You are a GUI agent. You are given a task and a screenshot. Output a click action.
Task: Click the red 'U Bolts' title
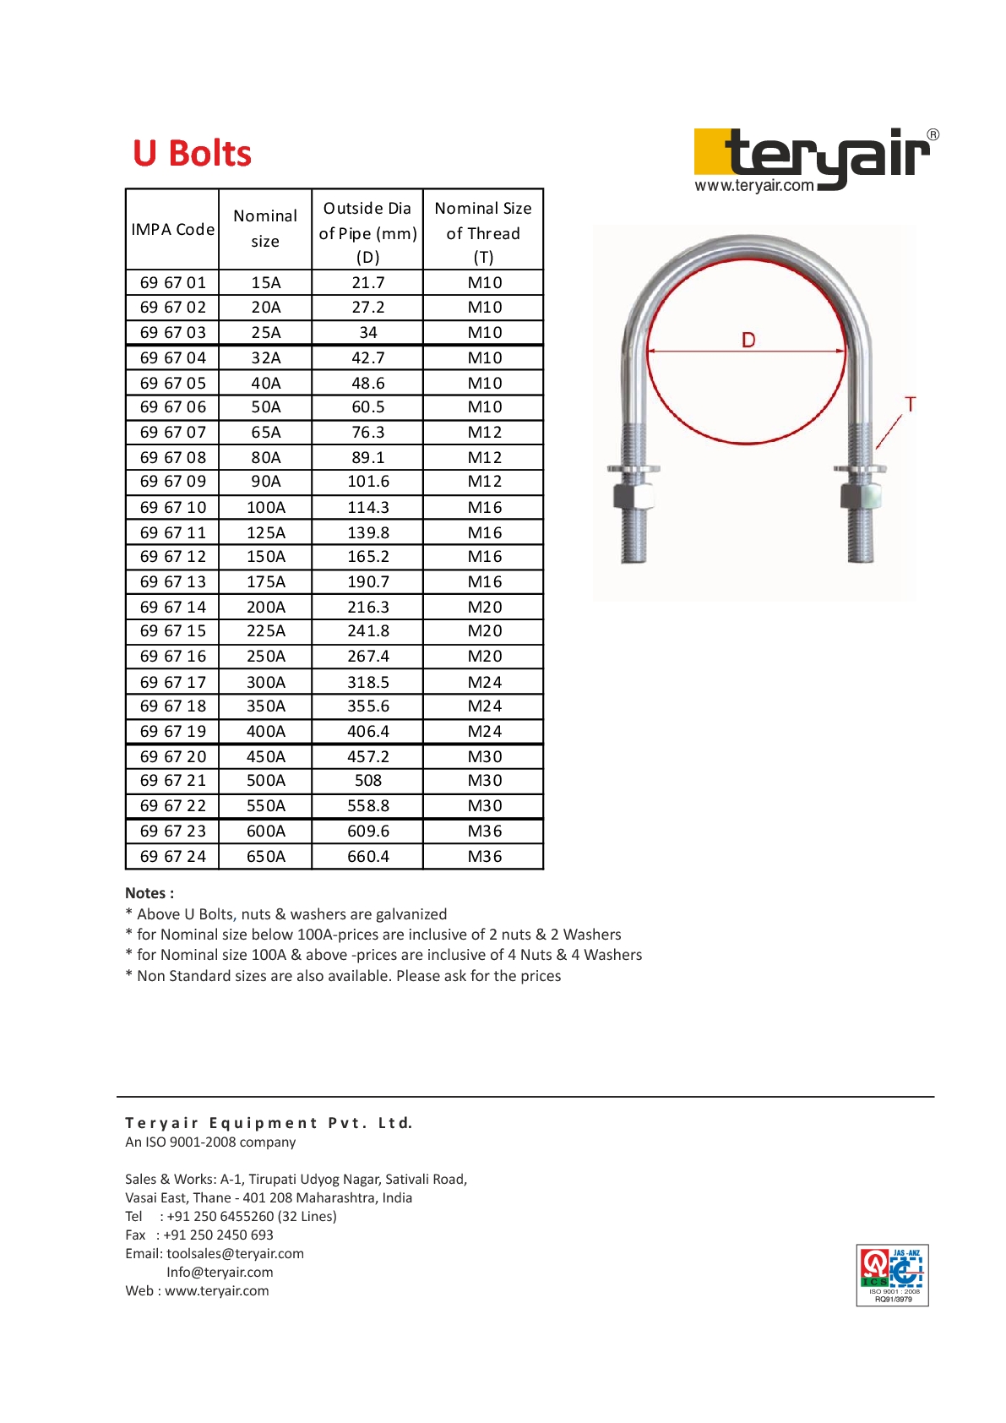tap(192, 154)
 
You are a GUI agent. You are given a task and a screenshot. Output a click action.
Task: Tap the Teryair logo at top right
tap(815, 160)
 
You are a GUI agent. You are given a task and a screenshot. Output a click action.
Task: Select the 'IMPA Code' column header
tap(172, 230)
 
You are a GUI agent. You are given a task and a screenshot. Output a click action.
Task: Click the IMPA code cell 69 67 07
tap(172, 433)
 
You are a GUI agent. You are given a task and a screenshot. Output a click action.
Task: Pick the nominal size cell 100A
tap(265, 508)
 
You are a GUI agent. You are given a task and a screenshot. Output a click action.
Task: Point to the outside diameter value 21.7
tap(367, 283)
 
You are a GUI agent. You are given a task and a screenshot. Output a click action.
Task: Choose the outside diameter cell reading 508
tap(367, 781)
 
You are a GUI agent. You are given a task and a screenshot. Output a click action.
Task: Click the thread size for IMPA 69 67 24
tap(484, 857)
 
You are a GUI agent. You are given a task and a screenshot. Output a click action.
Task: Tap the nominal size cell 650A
tap(265, 857)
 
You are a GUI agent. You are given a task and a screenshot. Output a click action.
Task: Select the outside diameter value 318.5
tap(367, 682)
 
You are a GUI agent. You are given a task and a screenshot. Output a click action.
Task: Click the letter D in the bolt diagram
tap(748, 340)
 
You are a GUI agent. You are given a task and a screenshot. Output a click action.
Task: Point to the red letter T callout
tap(910, 405)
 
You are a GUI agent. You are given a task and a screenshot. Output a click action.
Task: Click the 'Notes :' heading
tap(150, 893)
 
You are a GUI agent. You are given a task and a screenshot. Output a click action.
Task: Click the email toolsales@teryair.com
tap(235, 1254)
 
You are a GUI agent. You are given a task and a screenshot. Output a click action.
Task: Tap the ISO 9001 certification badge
tap(892, 1275)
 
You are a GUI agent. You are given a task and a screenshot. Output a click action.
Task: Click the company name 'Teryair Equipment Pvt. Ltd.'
tap(269, 1123)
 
